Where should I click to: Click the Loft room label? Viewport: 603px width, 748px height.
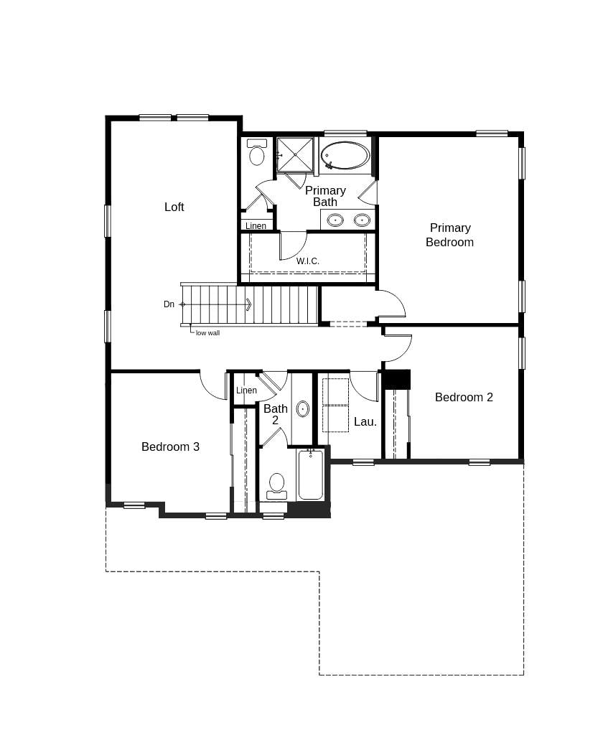tap(174, 207)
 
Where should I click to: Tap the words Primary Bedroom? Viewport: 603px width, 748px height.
tap(449, 235)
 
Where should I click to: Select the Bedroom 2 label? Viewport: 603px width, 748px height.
tap(464, 397)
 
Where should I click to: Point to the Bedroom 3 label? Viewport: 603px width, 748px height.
tap(170, 447)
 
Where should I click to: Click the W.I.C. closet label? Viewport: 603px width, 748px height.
tap(308, 261)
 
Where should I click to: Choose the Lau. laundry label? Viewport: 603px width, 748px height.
tap(365, 422)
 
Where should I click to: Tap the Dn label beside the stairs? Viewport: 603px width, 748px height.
tap(169, 304)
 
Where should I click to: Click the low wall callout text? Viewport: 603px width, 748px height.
tap(207, 333)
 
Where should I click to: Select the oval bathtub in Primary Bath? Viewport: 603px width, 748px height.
tap(345, 155)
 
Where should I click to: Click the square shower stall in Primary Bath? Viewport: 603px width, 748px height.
tap(295, 154)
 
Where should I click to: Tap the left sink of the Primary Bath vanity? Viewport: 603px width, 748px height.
tap(335, 220)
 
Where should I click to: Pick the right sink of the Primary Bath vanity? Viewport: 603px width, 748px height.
tap(363, 220)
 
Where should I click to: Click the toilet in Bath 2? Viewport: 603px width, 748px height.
tap(276, 485)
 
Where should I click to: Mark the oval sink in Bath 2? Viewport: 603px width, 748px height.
tap(303, 409)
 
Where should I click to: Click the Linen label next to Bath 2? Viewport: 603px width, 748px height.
tap(246, 391)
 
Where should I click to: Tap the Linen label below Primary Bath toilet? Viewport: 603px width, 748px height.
tap(256, 226)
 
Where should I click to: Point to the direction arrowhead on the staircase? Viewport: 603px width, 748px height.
tap(248, 304)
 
